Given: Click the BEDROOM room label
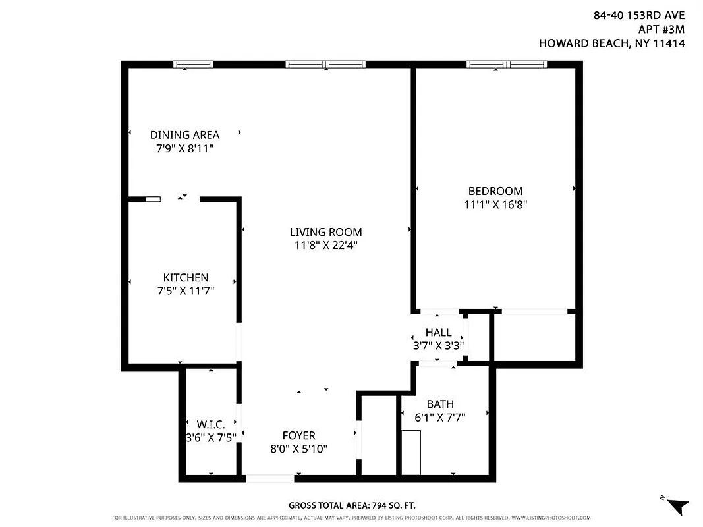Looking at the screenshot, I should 495,191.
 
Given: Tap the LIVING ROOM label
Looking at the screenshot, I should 325,232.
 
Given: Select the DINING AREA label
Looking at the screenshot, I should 184,135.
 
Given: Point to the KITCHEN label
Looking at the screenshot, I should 185,278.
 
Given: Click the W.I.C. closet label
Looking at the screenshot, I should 211,424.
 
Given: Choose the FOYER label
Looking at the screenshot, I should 298,435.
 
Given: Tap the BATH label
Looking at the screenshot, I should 439,404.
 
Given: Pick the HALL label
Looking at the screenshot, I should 438,333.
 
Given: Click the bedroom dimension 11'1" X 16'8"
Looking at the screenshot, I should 495,204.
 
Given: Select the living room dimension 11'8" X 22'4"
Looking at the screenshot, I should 325,245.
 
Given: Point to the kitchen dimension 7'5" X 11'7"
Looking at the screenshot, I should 185,290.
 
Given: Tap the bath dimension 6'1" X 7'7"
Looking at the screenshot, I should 439,416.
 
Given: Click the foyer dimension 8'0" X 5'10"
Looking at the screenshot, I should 299,449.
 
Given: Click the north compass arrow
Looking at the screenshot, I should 677,506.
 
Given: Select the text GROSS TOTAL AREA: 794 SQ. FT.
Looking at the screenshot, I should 352,505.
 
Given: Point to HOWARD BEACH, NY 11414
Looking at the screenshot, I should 612,44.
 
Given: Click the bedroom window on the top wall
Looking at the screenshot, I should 507,64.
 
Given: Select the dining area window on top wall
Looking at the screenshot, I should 193,64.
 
